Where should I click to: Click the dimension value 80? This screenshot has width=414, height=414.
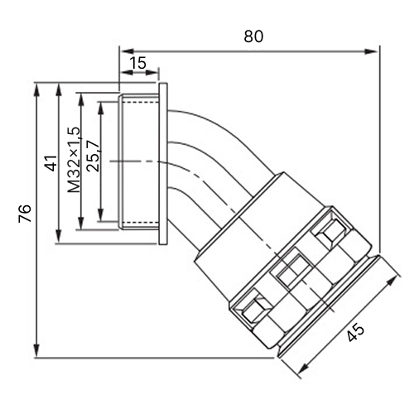click(253, 36)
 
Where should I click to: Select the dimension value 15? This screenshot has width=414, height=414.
click(137, 63)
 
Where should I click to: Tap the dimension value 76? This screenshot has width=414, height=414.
click(25, 214)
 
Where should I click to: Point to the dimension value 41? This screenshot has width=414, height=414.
click(51, 163)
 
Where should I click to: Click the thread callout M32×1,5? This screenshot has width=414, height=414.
click(75, 160)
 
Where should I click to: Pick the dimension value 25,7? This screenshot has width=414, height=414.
click(93, 156)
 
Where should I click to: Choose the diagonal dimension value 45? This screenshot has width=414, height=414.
click(355, 333)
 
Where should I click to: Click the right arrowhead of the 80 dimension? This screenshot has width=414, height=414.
click(371, 51)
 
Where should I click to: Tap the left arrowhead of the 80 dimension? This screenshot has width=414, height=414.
click(128, 51)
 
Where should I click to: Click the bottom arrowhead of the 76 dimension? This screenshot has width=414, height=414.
click(36, 351)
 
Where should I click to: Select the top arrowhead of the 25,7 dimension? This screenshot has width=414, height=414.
click(101, 108)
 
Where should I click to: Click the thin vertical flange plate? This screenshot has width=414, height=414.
click(163, 163)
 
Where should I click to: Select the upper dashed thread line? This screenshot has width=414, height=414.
click(140, 102)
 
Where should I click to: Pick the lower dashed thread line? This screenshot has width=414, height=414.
click(140, 223)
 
